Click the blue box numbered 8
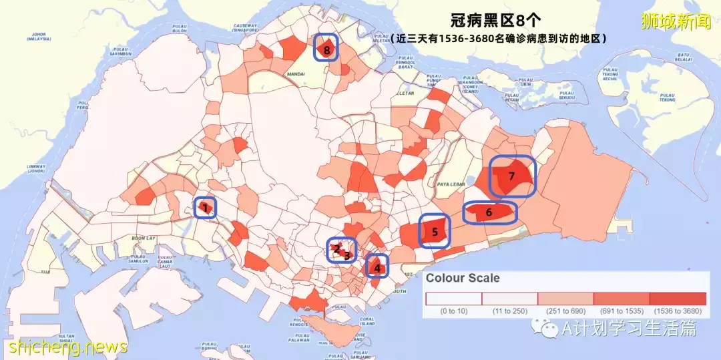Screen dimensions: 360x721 click(x=326, y=48)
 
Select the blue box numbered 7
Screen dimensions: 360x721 click(x=512, y=176)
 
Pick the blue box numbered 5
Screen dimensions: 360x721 click(x=435, y=232)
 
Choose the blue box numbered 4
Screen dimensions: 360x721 click(x=377, y=266)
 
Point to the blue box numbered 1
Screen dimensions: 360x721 click(x=206, y=208)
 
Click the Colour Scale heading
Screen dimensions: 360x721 click(x=463, y=279)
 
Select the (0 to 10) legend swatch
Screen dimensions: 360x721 click(x=454, y=298)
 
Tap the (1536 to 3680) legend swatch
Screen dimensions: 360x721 click(x=678, y=298)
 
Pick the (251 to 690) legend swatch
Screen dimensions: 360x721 click(x=565, y=298)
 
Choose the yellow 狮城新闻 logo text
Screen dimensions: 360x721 click(x=675, y=21)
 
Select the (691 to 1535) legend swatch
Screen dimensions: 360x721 click(x=622, y=298)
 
